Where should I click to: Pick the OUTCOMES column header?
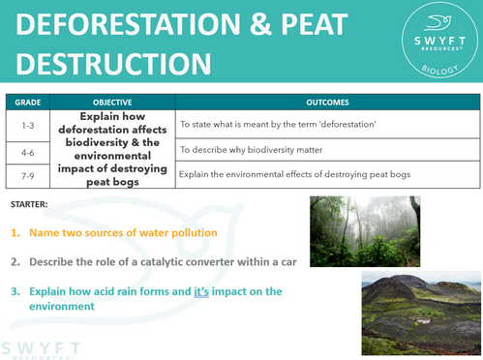pos(328,102)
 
